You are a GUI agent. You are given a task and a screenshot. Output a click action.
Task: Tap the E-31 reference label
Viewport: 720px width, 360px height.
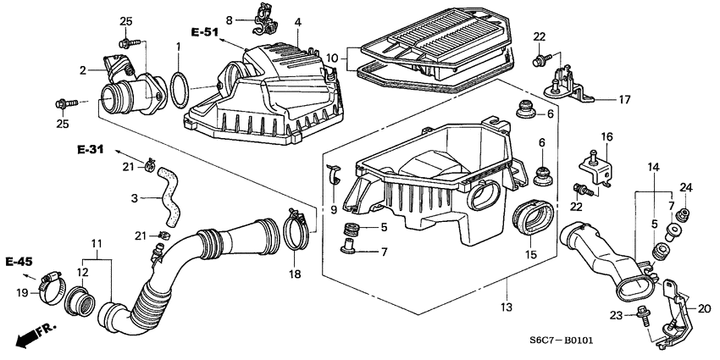click(89, 150)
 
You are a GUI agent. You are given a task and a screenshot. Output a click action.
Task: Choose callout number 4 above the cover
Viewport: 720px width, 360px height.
click(298, 22)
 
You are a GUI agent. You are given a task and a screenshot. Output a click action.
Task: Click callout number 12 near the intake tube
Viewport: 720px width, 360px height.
click(81, 272)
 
